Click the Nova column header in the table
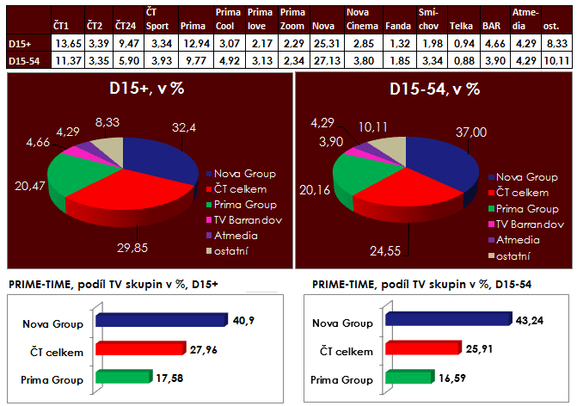323,27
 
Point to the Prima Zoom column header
293,20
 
